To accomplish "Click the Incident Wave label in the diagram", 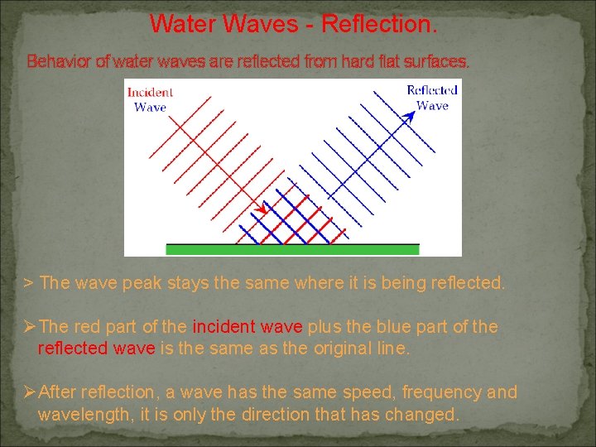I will (150, 99).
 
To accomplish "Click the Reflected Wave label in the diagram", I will (431, 98).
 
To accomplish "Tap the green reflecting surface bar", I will (292, 248).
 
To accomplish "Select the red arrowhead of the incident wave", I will (262, 210).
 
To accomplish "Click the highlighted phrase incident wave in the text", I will (248, 327).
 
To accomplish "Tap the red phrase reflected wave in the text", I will (96, 348).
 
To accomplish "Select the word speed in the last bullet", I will (352, 392).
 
